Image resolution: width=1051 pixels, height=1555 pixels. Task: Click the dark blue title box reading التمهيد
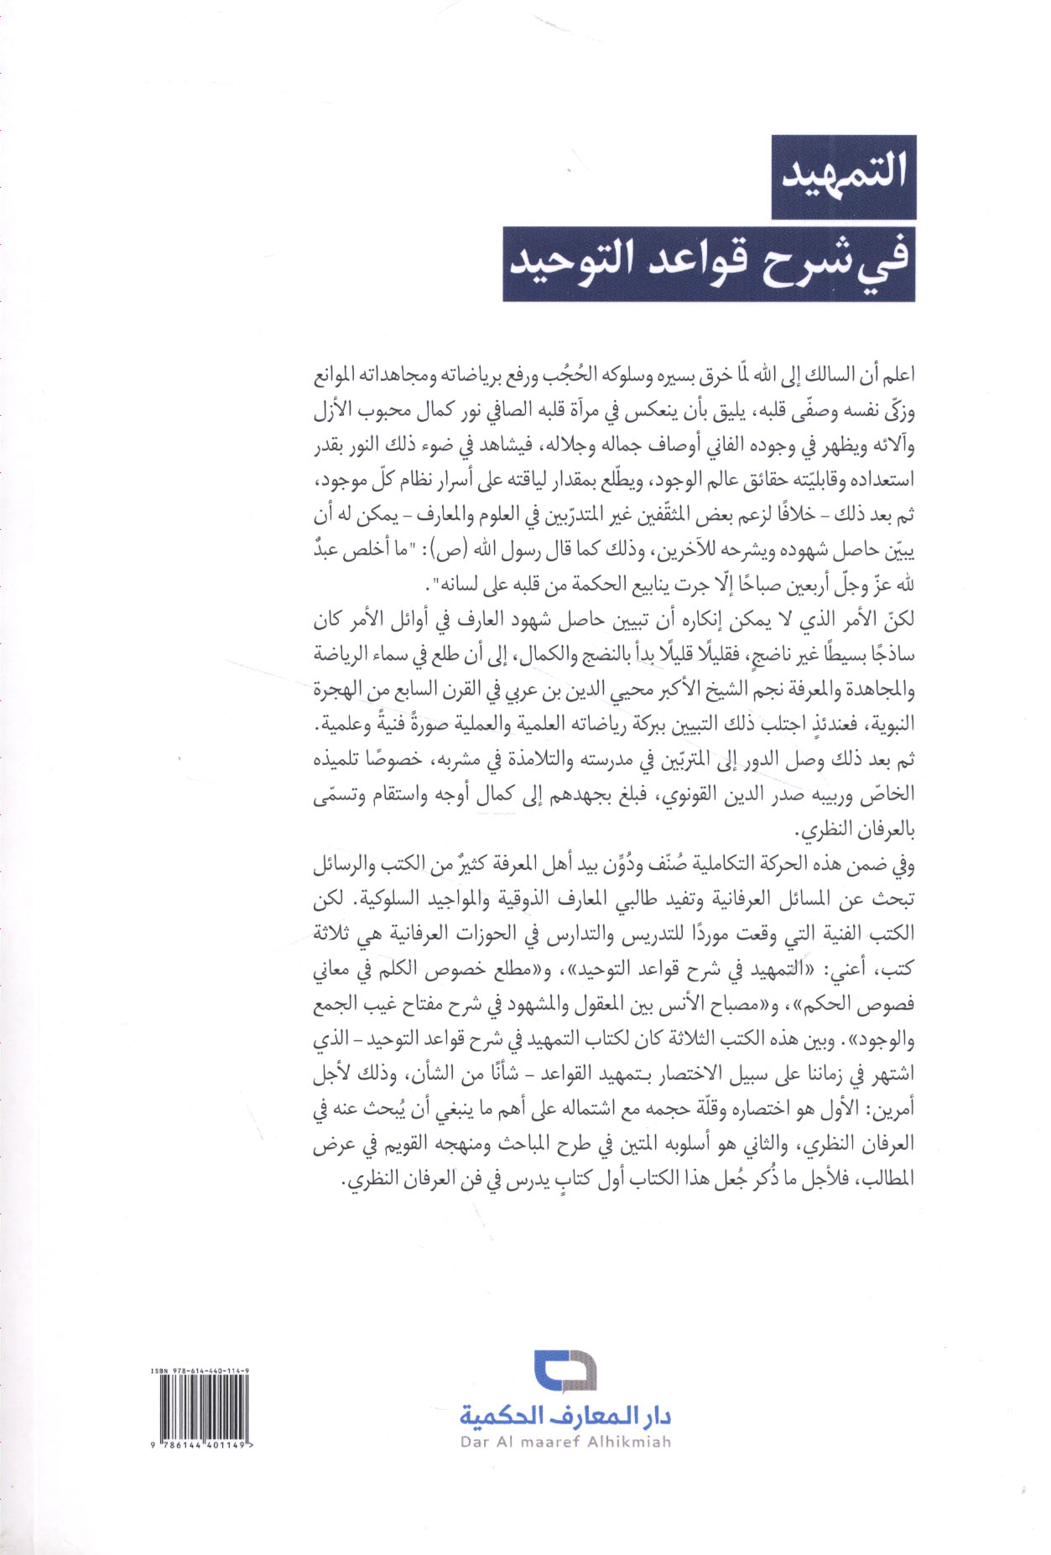click(843, 177)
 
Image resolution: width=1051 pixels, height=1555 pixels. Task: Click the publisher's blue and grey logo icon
click(565, 1371)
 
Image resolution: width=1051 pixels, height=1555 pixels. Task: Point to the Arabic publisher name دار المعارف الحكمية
click(565, 1417)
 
